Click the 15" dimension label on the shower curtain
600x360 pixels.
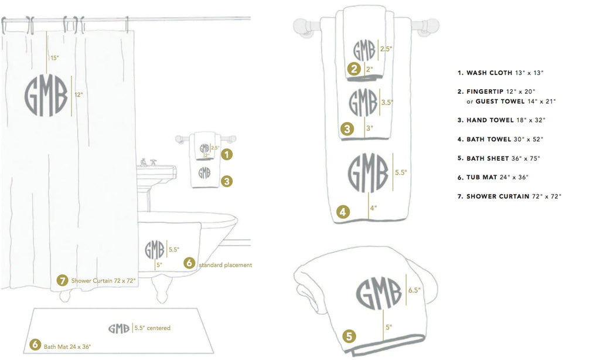click(54, 58)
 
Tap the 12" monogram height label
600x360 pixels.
click(79, 94)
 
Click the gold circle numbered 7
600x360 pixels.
click(62, 280)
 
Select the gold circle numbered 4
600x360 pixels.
click(343, 212)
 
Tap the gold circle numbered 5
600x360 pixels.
click(349, 337)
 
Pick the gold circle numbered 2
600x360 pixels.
click(354, 69)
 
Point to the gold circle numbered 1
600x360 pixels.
click(227, 154)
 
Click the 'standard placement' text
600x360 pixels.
click(226, 265)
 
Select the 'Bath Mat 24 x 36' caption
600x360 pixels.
click(67, 347)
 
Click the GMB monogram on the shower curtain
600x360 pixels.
click(46, 96)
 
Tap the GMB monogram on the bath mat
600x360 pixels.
click(119, 328)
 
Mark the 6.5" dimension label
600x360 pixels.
click(414, 290)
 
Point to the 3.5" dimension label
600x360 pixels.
click(387, 102)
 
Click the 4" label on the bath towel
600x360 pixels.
click(373, 208)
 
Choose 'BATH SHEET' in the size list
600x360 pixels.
click(487, 158)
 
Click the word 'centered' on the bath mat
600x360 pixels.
click(158, 328)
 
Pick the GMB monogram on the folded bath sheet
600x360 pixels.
click(379, 293)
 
